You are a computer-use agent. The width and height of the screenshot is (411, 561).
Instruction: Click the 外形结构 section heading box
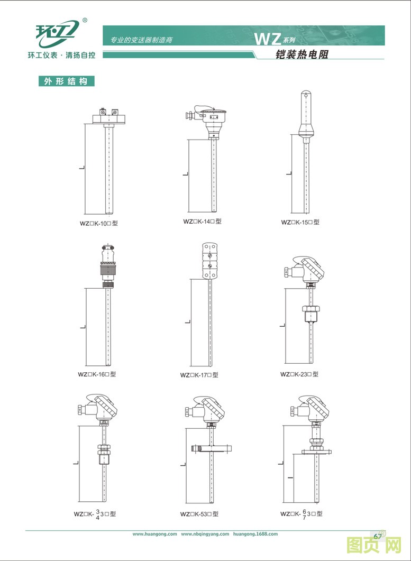point(67,81)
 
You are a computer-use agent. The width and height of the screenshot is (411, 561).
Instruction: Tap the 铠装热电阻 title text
point(302,54)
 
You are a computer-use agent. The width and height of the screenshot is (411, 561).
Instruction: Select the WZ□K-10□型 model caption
point(99,224)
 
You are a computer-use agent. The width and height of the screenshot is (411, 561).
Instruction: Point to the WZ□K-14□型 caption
point(202,222)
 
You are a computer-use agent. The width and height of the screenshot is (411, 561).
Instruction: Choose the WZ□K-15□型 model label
point(300,222)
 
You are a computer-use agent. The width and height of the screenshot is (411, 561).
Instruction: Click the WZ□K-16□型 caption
point(97,374)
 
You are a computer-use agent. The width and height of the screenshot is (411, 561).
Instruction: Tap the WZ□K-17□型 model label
point(199,375)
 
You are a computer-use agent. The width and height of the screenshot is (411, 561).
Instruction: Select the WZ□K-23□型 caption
point(299,374)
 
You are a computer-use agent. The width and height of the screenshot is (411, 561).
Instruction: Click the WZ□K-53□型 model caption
point(199,514)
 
